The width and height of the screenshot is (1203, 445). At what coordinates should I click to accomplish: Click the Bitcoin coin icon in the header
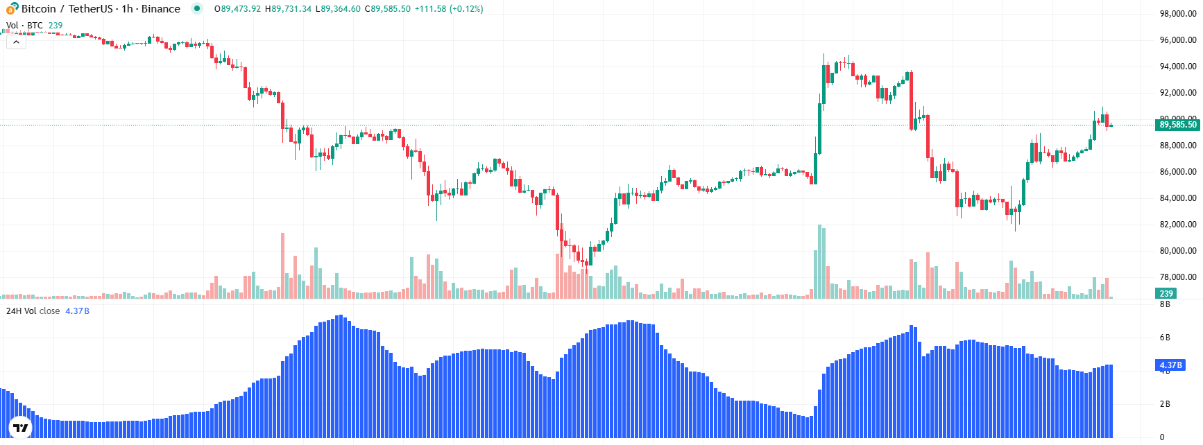pyautogui.click(x=12, y=8)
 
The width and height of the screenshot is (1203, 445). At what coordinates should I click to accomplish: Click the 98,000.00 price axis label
pyautogui.click(x=1177, y=14)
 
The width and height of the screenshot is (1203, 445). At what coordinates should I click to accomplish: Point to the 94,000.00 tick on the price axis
pyautogui.click(x=1177, y=67)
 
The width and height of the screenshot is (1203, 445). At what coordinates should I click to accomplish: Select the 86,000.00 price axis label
pyautogui.click(x=1177, y=172)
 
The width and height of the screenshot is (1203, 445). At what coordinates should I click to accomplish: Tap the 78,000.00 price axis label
pyautogui.click(x=1177, y=277)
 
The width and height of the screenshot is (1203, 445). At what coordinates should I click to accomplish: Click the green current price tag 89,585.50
pyautogui.click(x=1177, y=125)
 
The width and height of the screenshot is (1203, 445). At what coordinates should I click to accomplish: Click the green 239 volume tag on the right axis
pyautogui.click(x=1166, y=294)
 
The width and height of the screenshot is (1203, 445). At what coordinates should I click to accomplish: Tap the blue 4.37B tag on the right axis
pyautogui.click(x=1170, y=365)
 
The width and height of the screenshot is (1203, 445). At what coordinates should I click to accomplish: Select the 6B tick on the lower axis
pyautogui.click(x=1165, y=338)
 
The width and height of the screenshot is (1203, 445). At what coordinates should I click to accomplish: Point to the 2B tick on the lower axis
pyautogui.click(x=1165, y=404)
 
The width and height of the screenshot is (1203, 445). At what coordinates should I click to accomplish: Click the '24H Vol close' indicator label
pyautogui.click(x=33, y=311)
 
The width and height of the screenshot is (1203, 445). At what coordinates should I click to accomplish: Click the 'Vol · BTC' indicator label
pyautogui.click(x=24, y=26)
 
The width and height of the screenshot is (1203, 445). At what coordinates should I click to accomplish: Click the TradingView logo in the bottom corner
pyautogui.click(x=21, y=428)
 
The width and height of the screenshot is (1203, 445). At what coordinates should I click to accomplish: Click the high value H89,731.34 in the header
pyautogui.click(x=289, y=9)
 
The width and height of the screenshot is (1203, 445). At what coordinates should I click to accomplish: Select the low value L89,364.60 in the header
pyautogui.click(x=338, y=9)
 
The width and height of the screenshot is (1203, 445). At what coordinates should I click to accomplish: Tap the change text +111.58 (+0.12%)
pyautogui.click(x=448, y=9)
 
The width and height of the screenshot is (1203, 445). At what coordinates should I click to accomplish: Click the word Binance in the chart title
pyautogui.click(x=160, y=9)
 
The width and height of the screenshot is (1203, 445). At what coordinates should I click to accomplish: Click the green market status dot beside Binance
pyautogui.click(x=197, y=9)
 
